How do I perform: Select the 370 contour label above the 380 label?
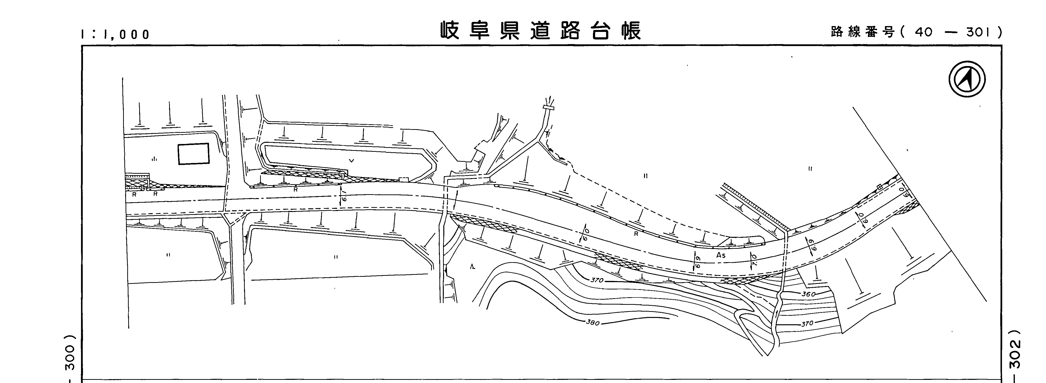pyautogui.click(x=597, y=280)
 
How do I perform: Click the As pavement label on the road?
pyautogui.click(x=721, y=255)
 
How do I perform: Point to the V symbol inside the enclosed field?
pyautogui.click(x=352, y=161)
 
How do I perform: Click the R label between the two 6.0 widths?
pyautogui.click(x=636, y=234)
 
